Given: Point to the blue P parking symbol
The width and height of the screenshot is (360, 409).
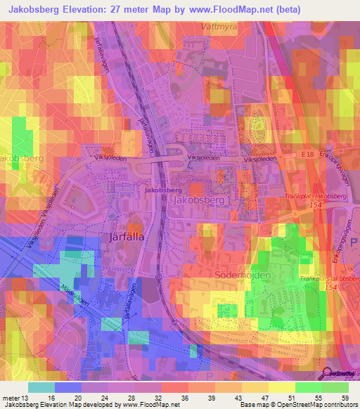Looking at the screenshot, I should [354, 241].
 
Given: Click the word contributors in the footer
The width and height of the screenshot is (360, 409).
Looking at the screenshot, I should [338, 405].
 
